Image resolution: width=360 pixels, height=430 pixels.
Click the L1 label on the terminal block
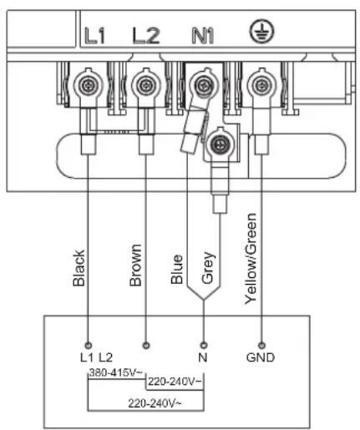pos(94,36)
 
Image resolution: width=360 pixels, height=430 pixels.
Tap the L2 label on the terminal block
pos(146,36)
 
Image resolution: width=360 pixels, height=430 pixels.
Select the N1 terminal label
pos(203,36)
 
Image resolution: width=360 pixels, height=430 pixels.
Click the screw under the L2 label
pos(145,85)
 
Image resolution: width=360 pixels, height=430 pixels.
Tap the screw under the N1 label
pos(203,85)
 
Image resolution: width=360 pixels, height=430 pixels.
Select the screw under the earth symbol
pos(261,85)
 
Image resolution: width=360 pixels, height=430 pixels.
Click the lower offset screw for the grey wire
pos(221,144)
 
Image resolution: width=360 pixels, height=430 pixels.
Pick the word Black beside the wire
pos(79,268)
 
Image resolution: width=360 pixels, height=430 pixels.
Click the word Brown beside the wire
pos(136,266)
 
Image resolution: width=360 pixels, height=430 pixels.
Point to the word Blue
pos(177,269)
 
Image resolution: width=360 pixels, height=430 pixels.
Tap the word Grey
pos(208,268)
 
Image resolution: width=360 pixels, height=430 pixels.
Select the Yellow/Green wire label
pos(251,259)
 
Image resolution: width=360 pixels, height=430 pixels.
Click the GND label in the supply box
pos(261,357)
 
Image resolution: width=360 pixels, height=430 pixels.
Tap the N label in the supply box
pos(203,357)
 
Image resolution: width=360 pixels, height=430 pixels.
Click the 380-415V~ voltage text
pos(116,372)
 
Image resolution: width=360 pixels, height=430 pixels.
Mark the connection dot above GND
pos(261,346)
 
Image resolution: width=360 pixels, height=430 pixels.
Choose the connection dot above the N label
pos(204,346)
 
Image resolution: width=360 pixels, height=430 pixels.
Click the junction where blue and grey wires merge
pos(204,300)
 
